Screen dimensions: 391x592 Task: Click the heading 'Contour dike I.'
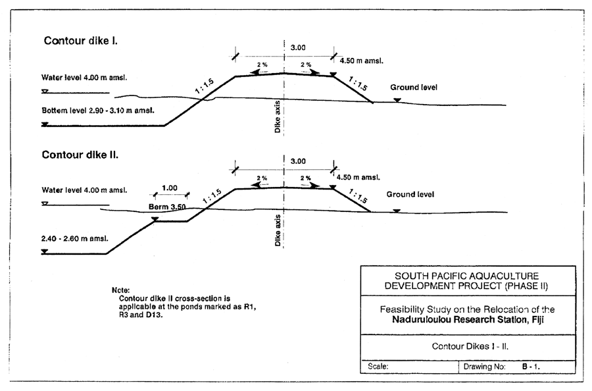pos(81,40)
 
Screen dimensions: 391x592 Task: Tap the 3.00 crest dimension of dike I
pos(297,47)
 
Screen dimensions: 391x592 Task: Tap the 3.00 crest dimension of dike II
pos(297,161)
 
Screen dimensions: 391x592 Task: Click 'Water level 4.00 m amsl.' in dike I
pos(84,78)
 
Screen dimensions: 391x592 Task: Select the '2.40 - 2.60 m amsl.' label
pos(74,238)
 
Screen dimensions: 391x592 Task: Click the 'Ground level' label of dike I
pos(413,87)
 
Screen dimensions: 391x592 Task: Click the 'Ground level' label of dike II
pos(410,194)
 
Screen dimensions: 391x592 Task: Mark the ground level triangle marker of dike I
pos(397,100)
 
